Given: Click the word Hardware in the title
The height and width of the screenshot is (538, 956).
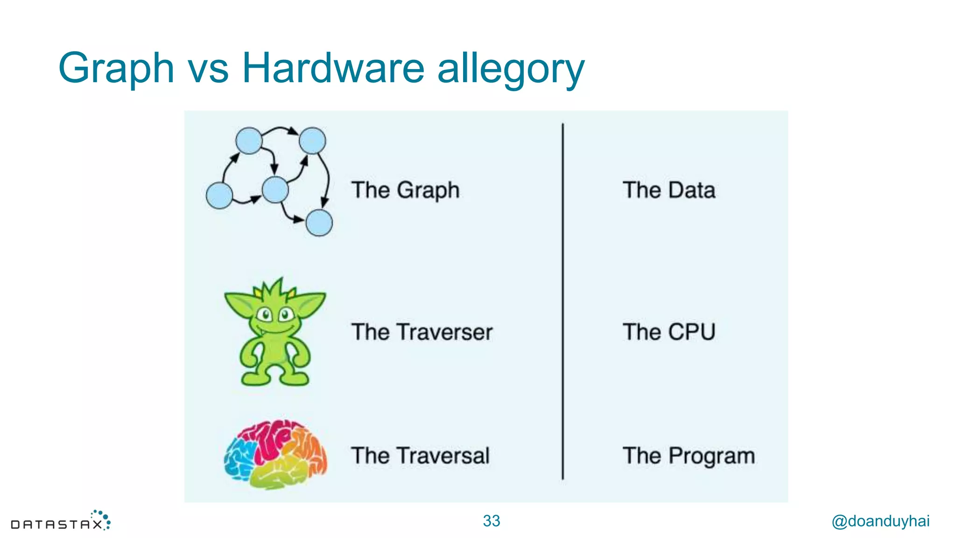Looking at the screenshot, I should pos(333,68).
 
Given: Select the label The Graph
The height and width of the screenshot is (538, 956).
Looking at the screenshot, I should pos(405,191).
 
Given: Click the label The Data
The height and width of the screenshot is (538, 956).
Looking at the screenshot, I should pos(668,191).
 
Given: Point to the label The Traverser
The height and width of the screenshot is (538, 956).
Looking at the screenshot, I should pos(422,332).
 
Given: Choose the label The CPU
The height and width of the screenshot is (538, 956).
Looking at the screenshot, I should pos(668,332).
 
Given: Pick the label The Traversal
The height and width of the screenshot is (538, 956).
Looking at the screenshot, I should pos(420,456).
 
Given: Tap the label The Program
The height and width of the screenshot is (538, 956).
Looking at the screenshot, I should pos(689,456).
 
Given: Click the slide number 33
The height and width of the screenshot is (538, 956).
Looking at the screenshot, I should pos(491,521).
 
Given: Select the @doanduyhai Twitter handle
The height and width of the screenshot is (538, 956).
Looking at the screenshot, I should pos(880,521).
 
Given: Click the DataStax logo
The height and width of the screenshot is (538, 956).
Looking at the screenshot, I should pos(61,521).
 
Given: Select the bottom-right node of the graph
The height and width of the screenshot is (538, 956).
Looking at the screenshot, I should pos(319,223).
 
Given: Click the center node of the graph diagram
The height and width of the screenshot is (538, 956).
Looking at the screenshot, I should pos(275,190).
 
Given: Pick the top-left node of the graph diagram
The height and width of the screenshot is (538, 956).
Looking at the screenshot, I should pos(249,141).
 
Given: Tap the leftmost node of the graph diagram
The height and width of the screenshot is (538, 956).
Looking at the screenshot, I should pos(219,195).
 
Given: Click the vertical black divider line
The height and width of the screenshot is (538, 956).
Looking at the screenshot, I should pos(562,301).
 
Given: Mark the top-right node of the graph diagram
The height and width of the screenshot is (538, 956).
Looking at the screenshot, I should pos(312,141).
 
